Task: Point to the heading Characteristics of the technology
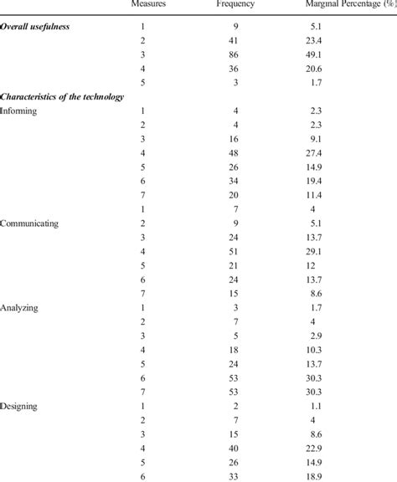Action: (63, 96)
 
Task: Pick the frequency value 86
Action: (243, 54)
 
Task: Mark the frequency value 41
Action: (243, 40)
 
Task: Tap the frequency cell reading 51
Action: (243, 252)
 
